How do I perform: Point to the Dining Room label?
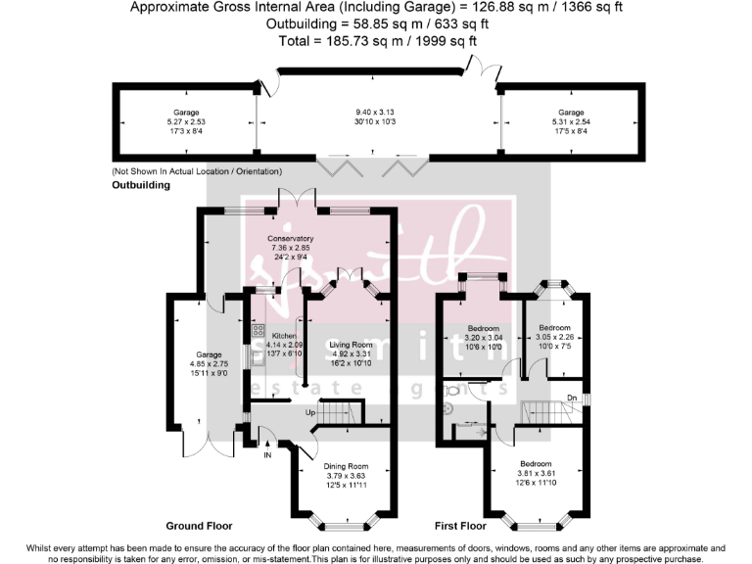coord(344,466)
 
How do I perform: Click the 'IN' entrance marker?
coord(266,455)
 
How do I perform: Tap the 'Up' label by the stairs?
coord(312,413)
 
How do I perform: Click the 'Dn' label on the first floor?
coord(571,397)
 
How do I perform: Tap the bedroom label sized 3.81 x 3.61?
coord(536,464)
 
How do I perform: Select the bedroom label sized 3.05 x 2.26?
coord(554,327)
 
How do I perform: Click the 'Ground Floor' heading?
coord(200,525)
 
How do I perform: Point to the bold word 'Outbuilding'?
coord(141,184)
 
